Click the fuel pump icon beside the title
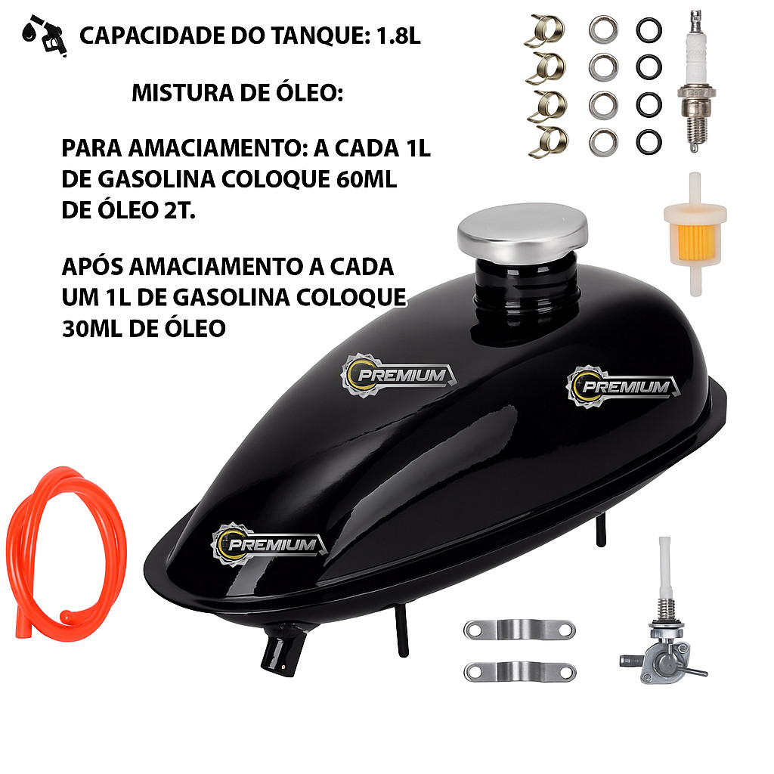click(x=45, y=36)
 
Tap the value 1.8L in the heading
click(x=398, y=36)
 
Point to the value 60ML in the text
click(x=367, y=179)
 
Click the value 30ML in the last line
click(x=92, y=328)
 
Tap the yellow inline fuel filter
click(x=695, y=234)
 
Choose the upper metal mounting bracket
click(x=519, y=630)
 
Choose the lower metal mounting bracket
click(x=520, y=672)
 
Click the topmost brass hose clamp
click(x=546, y=30)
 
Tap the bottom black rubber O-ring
click(x=649, y=143)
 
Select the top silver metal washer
click(x=603, y=29)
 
